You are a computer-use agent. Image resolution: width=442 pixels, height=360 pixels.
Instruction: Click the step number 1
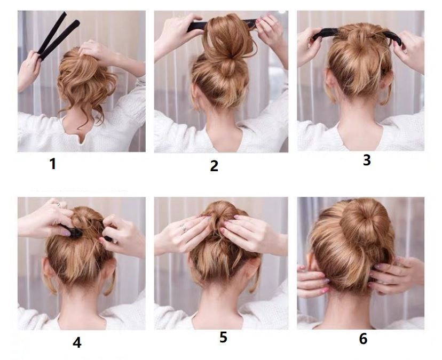point(53,164)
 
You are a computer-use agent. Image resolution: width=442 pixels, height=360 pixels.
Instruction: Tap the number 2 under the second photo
point(214,166)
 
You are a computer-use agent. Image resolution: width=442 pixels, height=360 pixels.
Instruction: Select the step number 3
point(366,160)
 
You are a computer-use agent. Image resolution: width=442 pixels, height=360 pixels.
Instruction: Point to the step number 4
point(77,342)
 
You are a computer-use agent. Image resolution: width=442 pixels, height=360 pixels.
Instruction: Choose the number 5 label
point(223,337)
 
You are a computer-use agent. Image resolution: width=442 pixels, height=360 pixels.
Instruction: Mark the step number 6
point(363,339)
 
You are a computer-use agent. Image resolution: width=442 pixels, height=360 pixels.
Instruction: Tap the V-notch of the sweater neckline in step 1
point(82,140)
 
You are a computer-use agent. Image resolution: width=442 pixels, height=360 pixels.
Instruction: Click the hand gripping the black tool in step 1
point(28,69)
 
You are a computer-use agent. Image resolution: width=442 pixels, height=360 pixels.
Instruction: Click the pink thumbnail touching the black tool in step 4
point(66,233)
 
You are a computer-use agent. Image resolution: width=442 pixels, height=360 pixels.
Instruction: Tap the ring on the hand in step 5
point(184,229)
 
